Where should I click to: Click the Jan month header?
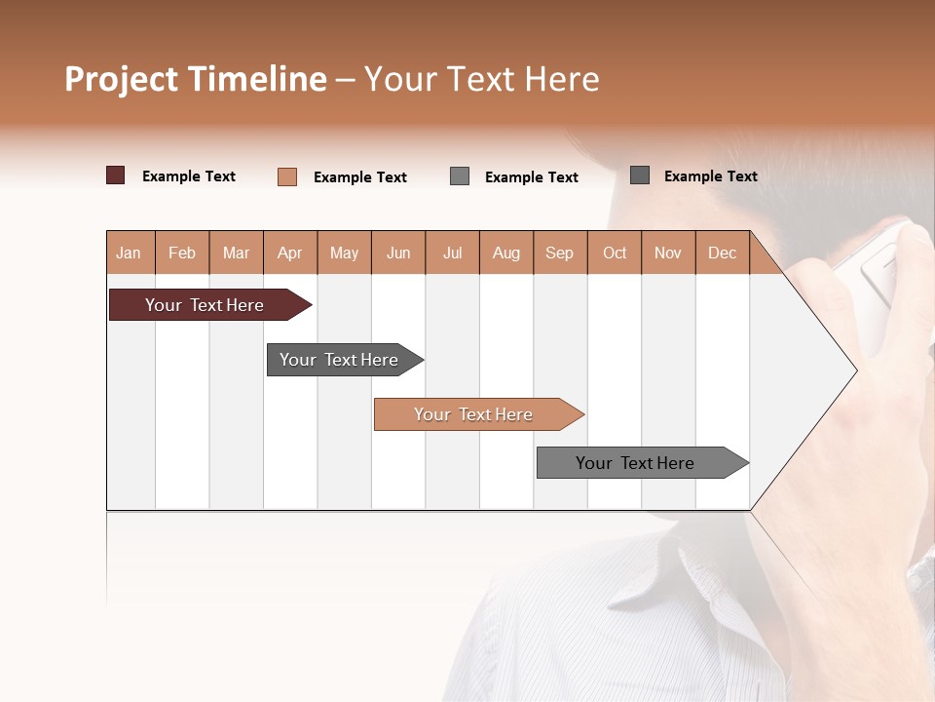(129, 253)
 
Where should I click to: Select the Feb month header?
(182, 253)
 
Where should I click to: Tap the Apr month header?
(289, 253)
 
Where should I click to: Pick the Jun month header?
(398, 253)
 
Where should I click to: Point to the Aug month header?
(505, 253)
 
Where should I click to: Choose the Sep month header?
(559, 253)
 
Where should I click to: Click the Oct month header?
(615, 253)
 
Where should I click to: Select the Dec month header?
(722, 253)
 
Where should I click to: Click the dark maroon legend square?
(116, 175)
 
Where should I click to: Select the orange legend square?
(287, 176)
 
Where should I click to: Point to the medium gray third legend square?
(460, 176)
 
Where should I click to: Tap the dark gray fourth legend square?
(640, 175)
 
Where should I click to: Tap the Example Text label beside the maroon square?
(189, 176)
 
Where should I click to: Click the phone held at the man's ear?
(881, 268)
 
